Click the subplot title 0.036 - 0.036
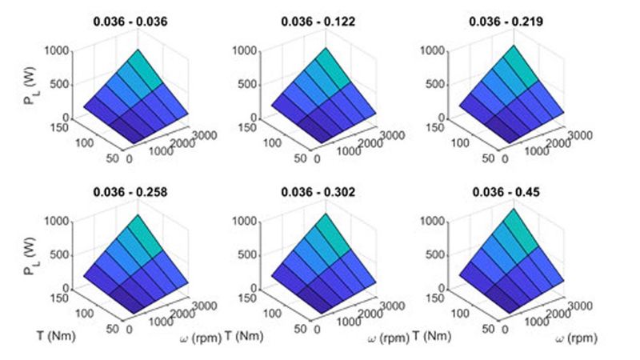tap(139, 21)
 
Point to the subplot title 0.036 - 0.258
tap(139, 191)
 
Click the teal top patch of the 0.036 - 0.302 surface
tap(334, 241)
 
